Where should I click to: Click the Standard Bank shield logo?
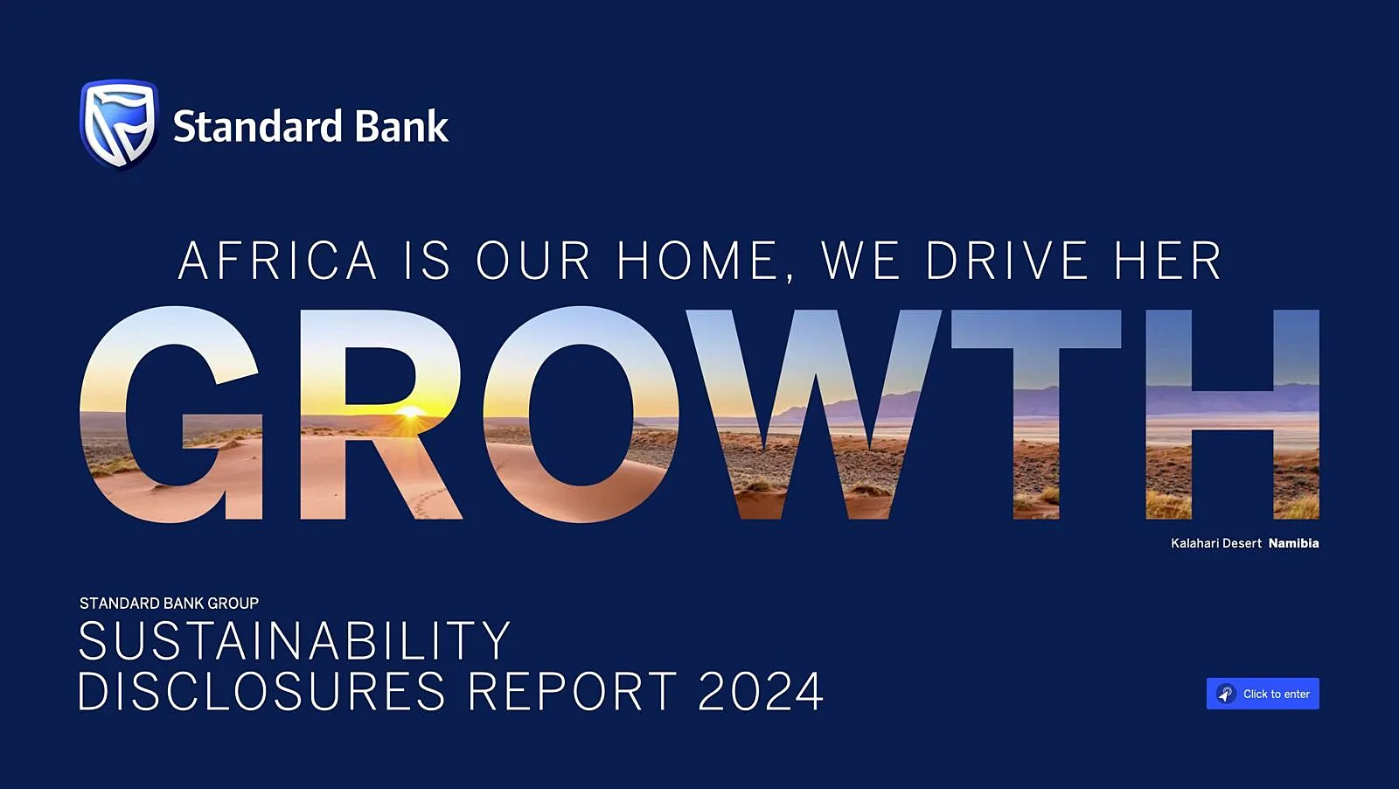pyautogui.click(x=119, y=123)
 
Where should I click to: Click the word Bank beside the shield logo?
pyautogui.click(x=401, y=126)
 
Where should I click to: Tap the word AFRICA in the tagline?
pyautogui.click(x=277, y=260)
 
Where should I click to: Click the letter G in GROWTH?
pyautogui.click(x=171, y=414)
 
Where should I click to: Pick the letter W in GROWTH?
pyautogui.click(x=813, y=414)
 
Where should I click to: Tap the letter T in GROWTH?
pyautogui.click(x=1035, y=414)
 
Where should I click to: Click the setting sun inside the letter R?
pyautogui.click(x=410, y=412)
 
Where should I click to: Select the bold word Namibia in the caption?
pyautogui.click(x=1293, y=543)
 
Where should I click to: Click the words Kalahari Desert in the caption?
pyautogui.click(x=1216, y=543)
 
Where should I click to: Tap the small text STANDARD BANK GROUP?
pyautogui.click(x=170, y=604)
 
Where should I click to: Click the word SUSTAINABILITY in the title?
pyautogui.click(x=295, y=640)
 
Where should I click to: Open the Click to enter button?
pyautogui.click(x=1263, y=694)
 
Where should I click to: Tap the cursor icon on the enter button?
pyautogui.click(x=1226, y=694)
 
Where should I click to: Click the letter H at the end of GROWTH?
pyautogui.click(x=1233, y=414)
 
